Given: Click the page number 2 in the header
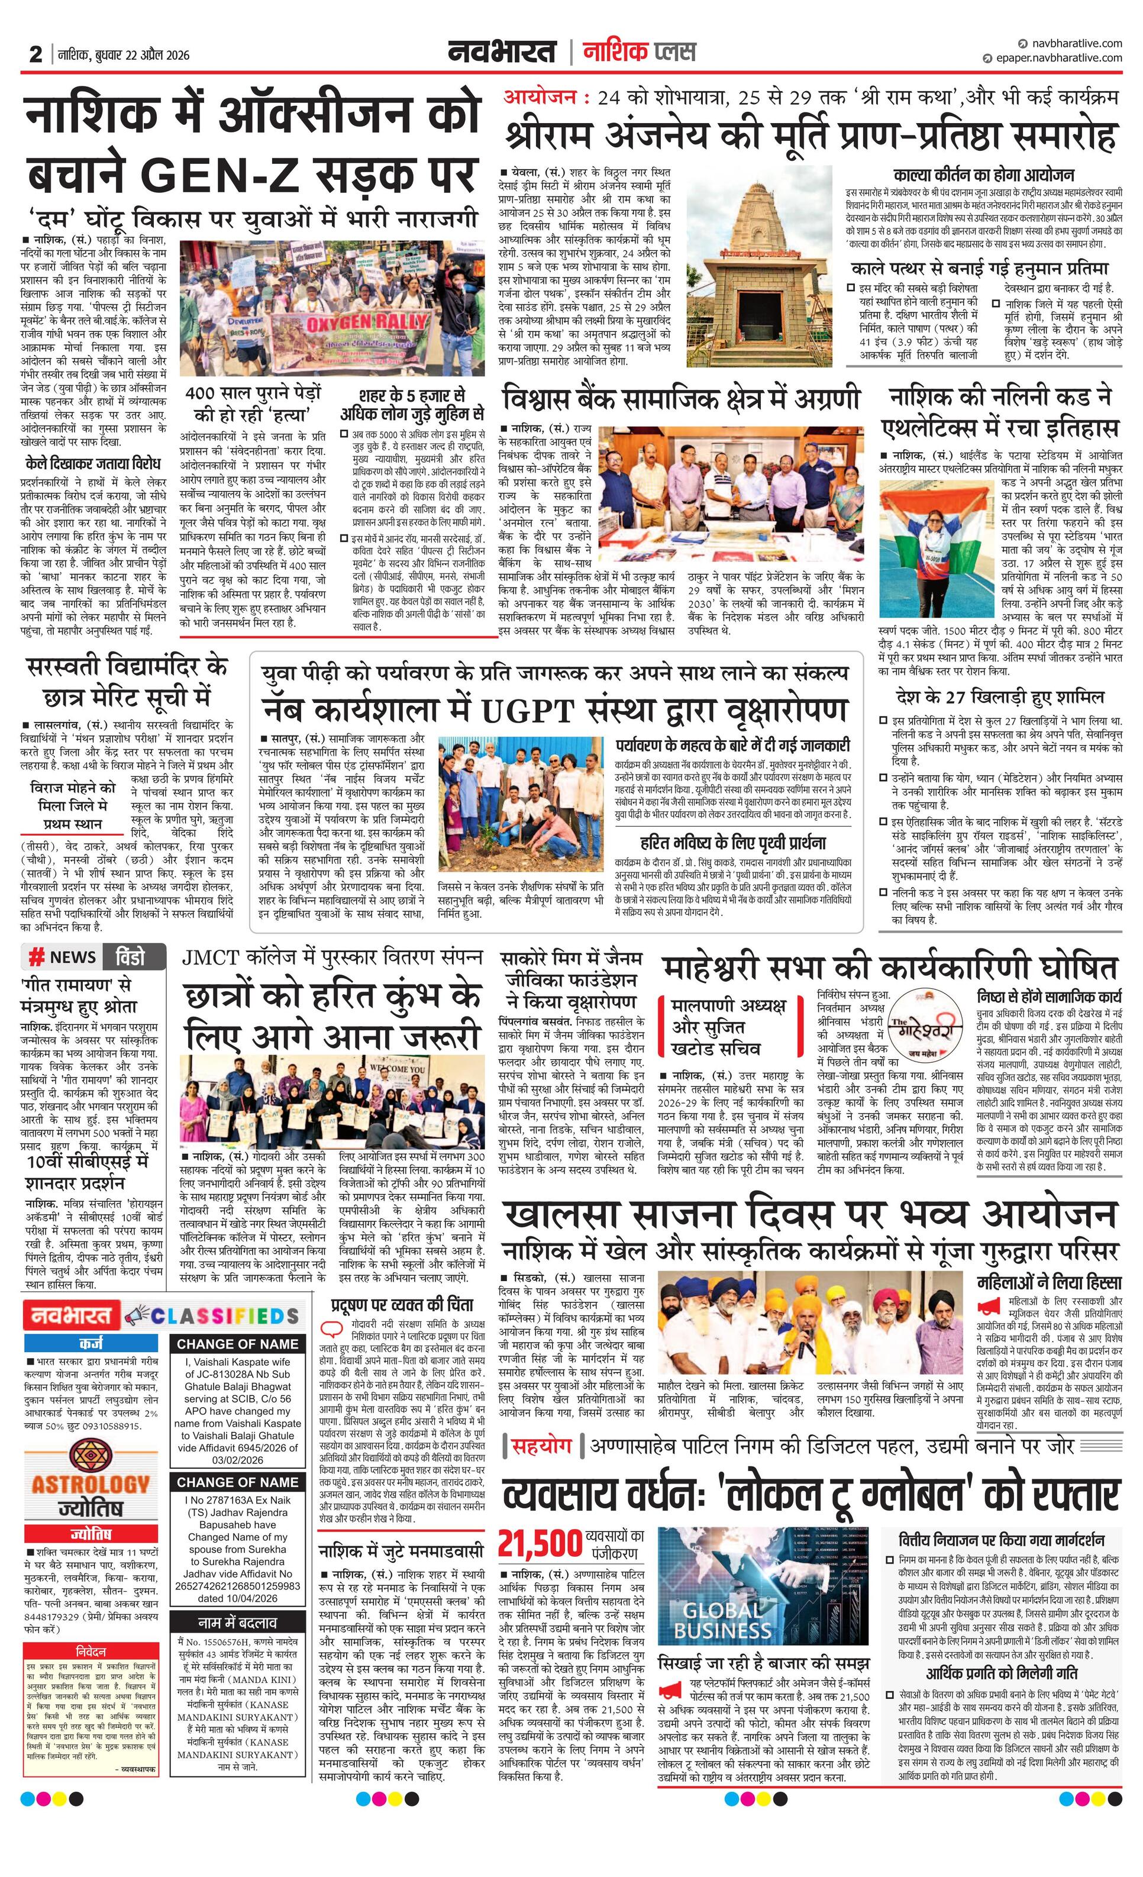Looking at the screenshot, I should pos(35,54).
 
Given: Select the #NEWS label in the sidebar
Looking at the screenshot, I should pos(63,957).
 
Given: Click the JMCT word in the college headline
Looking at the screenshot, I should pos(210,957).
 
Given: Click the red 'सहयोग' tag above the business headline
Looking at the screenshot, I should pos(540,1447).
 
